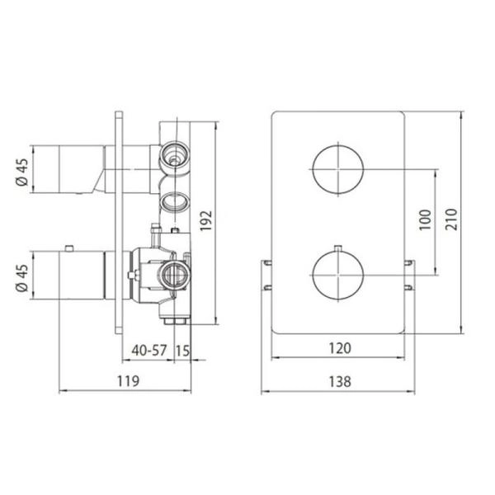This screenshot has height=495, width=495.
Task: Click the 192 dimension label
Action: pos(205,220)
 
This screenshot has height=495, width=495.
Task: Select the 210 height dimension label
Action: pos(451,219)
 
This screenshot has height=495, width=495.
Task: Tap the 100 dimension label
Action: pos(425,219)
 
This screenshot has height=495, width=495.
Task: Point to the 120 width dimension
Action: pos(340,348)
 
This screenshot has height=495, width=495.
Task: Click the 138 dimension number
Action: pos(340,381)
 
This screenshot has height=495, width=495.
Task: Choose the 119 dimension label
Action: pos(128,381)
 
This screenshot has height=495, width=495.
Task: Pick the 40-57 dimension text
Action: pos(149,350)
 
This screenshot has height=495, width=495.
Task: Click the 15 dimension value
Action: pos(182,351)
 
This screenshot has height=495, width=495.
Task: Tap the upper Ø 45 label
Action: pos(22,172)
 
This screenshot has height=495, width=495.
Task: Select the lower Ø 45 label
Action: pos(22,278)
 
